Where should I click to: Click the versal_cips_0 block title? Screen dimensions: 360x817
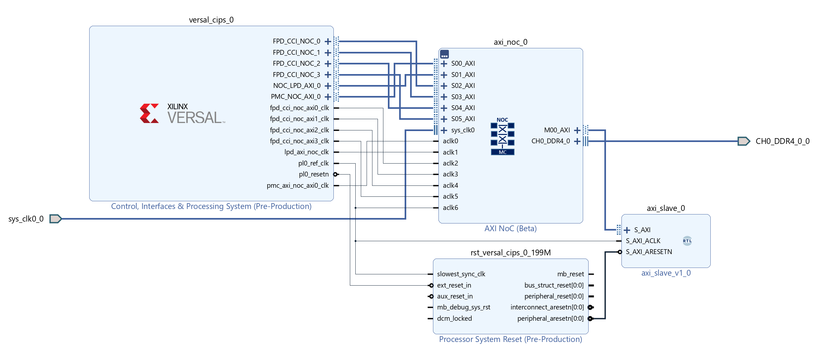pos(211,20)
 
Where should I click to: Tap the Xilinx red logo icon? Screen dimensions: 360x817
pos(149,113)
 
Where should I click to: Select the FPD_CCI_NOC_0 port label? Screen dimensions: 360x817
pos(296,41)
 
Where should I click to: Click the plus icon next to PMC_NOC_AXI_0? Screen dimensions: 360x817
pos(328,97)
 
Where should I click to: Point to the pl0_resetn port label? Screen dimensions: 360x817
pos(314,174)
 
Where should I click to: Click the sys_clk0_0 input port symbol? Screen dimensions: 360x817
pos(55,219)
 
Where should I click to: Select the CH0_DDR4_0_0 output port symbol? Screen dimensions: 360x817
pos(744,141)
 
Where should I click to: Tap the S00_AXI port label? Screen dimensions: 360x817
pos(463,63)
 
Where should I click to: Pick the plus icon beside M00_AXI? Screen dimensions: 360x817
pos(577,130)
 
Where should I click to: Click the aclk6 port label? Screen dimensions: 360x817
pos(450,208)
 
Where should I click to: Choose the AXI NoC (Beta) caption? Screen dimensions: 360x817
pos(510,229)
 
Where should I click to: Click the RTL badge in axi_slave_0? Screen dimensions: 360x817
pos(687,241)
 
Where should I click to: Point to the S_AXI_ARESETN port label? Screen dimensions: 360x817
pos(649,252)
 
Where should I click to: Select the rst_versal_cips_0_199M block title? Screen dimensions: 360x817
pos(511,253)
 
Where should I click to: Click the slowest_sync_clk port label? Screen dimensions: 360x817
pos(461,274)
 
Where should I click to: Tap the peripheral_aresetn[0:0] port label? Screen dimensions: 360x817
pos(550,318)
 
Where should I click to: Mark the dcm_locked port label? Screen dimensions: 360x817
pos(454,318)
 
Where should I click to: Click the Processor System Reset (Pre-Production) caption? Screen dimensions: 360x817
pos(510,339)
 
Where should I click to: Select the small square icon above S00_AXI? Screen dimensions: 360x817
pos(444,54)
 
